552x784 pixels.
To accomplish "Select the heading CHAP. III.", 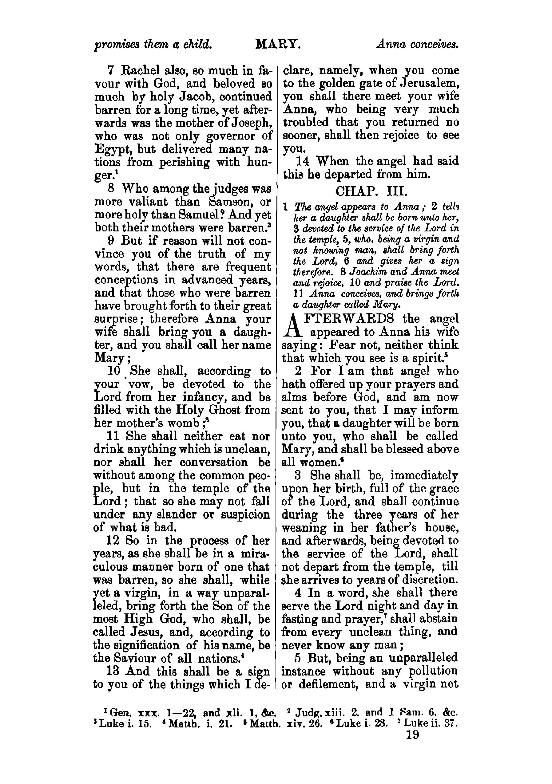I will (x=371, y=191).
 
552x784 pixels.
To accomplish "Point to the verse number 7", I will (x=110, y=71).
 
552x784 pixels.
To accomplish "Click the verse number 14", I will (x=303, y=161).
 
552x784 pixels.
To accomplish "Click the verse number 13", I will (x=114, y=671).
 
